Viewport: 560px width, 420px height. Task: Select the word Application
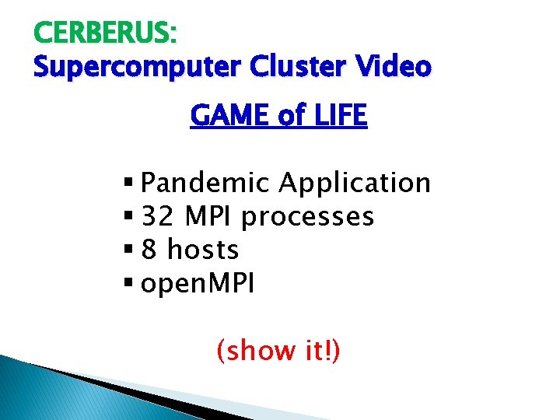(x=355, y=183)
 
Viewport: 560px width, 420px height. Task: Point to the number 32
(x=158, y=216)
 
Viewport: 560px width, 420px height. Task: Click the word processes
(x=308, y=217)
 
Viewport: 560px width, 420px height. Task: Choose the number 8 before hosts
(x=150, y=250)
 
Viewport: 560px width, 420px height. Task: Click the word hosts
(x=203, y=250)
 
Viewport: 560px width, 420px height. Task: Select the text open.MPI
(x=198, y=284)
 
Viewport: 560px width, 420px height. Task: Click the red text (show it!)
(x=278, y=352)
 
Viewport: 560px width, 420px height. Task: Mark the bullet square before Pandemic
(x=128, y=184)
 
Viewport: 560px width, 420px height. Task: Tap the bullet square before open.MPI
(x=128, y=284)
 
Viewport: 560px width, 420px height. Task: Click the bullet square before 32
(x=128, y=217)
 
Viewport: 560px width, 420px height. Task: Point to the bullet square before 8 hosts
(x=128, y=250)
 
